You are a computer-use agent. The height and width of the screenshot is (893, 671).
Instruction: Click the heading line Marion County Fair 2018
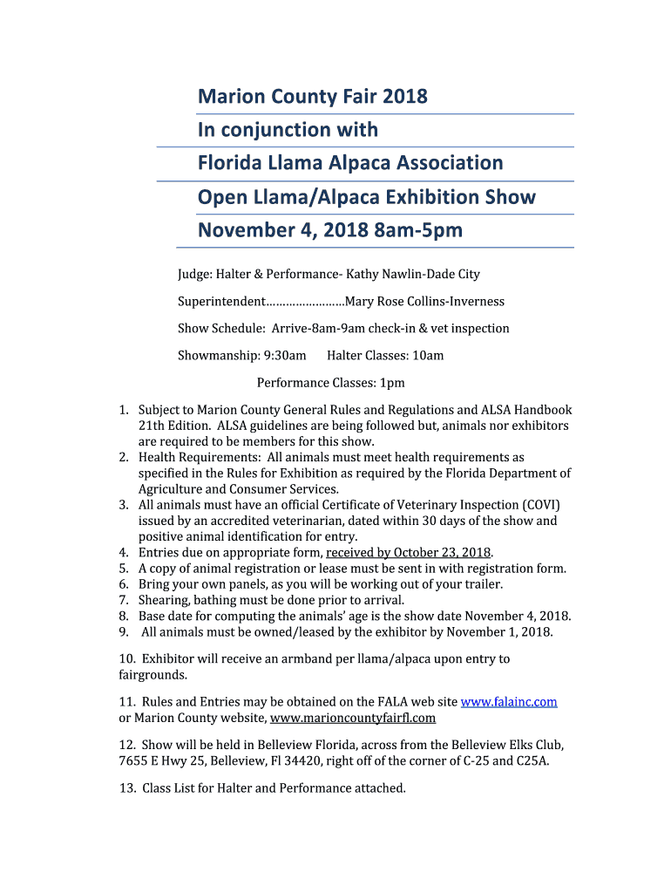(312, 96)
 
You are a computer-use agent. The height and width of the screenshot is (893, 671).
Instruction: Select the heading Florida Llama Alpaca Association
(349, 163)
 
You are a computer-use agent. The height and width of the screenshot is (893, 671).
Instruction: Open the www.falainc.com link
(508, 701)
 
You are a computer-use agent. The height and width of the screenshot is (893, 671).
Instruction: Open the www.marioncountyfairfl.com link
(353, 719)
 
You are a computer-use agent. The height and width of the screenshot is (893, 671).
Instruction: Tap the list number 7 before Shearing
(124, 600)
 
